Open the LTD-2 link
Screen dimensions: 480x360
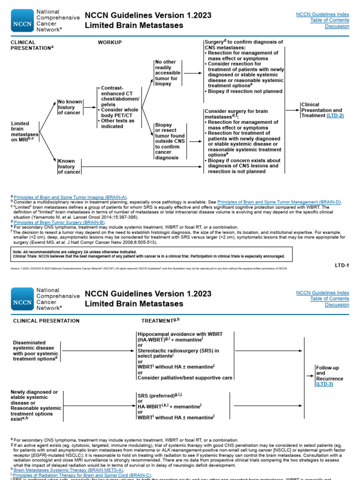pyautogui.click(x=335, y=115)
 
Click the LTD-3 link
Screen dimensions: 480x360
pyautogui.click(x=324, y=384)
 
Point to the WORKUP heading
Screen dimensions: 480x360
pyautogui.click(x=110, y=43)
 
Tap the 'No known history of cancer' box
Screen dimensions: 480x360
pyautogui.click(x=69, y=107)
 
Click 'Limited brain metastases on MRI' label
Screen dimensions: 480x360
pyautogui.click(x=24, y=133)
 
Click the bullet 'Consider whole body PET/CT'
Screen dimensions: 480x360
pyautogui.click(x=119, y=112)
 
